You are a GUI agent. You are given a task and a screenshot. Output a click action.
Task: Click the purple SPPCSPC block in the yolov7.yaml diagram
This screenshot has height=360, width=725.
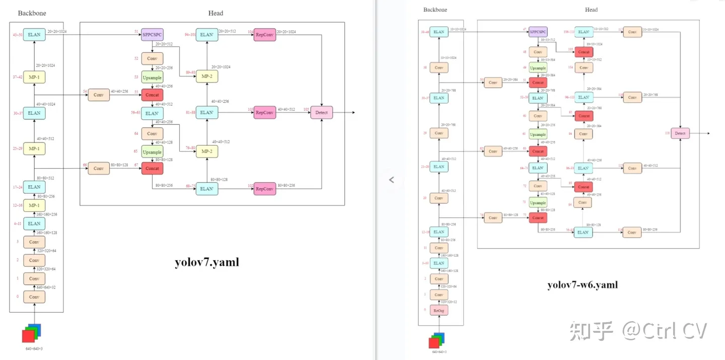click(152, 35)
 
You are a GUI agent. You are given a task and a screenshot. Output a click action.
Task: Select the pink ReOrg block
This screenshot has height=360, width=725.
click(439, 311)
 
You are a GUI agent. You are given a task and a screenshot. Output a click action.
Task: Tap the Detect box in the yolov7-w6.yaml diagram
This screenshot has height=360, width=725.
click(680, 133)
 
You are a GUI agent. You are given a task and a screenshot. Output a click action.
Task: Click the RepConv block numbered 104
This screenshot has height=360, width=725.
click(265, 35)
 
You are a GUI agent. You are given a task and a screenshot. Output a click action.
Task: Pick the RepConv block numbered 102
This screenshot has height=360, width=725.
click(265, 189)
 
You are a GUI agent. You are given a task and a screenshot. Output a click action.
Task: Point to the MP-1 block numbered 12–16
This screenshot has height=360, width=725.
click(34, 205)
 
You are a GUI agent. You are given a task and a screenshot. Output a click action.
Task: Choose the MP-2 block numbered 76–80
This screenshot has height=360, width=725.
click(206, 151)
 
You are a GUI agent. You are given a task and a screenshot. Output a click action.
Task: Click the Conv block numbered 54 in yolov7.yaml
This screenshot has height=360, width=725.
click(99, 95)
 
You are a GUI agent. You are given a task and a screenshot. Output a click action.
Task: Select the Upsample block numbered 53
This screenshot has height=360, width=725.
click(152, 78)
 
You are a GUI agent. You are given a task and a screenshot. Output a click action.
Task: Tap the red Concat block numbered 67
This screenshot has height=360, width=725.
click(152, 169)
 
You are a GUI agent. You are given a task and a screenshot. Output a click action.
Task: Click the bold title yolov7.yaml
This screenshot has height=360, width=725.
click(207, 262)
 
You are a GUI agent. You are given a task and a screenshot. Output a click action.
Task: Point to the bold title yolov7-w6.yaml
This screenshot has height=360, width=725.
click(583, 285)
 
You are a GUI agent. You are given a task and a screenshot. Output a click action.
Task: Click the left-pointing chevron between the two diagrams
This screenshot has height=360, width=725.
click(392, 180)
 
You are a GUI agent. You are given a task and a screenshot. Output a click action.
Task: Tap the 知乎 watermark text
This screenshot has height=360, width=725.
click(592, 331)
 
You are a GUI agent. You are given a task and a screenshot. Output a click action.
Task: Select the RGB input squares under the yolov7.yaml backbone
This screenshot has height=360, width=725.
click(31, 334)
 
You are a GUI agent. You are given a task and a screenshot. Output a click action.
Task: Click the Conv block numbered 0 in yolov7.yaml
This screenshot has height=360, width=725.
click(34, 297)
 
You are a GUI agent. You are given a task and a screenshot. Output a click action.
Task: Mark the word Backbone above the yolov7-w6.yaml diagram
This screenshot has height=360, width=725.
click(435, 10)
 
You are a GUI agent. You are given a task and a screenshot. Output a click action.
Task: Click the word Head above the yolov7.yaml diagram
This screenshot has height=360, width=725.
click(215, 13)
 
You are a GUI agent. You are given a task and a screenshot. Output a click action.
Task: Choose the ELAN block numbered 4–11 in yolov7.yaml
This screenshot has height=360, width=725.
click(34, 224)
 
